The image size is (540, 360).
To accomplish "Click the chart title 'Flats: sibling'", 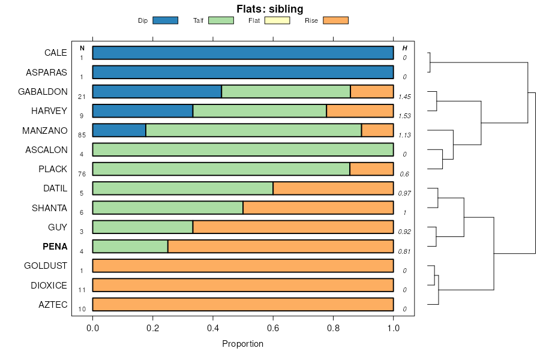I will coord(269,9).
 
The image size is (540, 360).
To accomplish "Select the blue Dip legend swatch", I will coord(165,20).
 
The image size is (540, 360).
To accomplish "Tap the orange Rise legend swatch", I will coord(335,20).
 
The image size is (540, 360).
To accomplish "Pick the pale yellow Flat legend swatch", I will coord(277,20).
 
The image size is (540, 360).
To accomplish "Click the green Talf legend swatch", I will coord(221,20).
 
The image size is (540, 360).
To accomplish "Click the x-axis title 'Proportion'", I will coord(242,344).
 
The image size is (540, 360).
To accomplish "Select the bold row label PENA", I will coord(55,247).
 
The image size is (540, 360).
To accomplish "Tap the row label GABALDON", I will coord(42,91).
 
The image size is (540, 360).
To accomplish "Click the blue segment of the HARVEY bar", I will coord(143,111).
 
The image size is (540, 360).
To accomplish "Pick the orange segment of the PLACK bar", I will coord(371,169).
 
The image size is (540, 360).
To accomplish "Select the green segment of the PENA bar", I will coord(130,247).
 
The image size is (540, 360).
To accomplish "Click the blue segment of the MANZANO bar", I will coord(119,130).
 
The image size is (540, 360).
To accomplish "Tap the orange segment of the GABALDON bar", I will coord(372,91).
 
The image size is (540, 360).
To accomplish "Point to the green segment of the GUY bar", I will coord(143,227).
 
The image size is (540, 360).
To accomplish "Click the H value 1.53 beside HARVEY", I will coord(404,116).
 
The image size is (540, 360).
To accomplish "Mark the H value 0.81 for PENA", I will coord(404,251).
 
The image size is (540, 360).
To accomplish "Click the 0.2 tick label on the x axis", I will coord(153,328).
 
